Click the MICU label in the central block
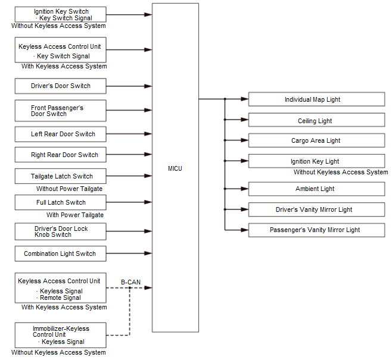pos(175,169)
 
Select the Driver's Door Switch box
pos(61,86)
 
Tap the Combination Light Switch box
pos(61,253)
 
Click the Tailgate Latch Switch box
pos(61,176)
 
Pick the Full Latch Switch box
pos(61,202)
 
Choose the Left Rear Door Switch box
pos(61,134)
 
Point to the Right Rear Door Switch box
pos(61,155)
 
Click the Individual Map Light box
pos(316,99)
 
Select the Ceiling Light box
pos(316,120)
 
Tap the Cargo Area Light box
pos(316,140)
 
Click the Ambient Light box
pos(316,189)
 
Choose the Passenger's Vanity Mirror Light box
pos(316,230)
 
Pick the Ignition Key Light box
pos(316,161)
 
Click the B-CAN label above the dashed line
pos(130,282)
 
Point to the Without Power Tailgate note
pos(69,189)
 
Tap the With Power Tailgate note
pos(74,215)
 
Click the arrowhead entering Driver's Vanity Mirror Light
pos(244,209)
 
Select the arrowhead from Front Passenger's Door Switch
pos(148,110)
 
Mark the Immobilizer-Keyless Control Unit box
pos(61,335)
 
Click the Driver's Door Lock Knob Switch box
pos(61,231)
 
